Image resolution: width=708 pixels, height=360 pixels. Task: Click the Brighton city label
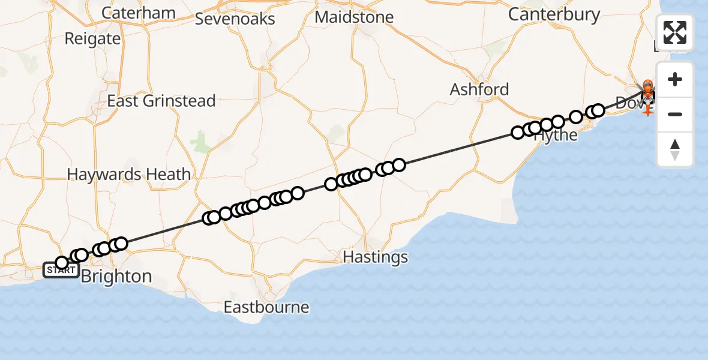(116, 277)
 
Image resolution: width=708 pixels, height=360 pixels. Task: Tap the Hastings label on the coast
(375, 257)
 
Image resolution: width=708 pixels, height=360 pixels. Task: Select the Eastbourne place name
(266, 308)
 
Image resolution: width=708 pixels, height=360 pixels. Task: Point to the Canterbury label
(554, 14)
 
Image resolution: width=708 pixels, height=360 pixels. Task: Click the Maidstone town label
(354, 17)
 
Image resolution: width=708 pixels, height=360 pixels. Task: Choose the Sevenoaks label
(235, 19)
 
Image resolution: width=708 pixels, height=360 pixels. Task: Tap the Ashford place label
(479, 90)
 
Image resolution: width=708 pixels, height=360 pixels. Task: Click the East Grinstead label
(161, 101)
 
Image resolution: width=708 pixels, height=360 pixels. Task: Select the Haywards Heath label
(129, 175)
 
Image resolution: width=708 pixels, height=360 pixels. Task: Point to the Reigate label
(92, 39)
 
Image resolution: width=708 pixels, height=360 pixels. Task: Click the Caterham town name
(139, 13)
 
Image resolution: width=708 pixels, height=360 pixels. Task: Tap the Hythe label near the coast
(556, 136)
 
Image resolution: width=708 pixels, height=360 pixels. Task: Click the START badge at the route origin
(61, 271)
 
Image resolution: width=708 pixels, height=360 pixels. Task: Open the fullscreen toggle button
(675, 32)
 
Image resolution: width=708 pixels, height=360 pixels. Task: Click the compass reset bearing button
(675, 149)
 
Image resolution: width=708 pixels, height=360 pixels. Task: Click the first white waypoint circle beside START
(62, 263)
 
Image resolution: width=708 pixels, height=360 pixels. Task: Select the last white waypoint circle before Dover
(598, 110)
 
